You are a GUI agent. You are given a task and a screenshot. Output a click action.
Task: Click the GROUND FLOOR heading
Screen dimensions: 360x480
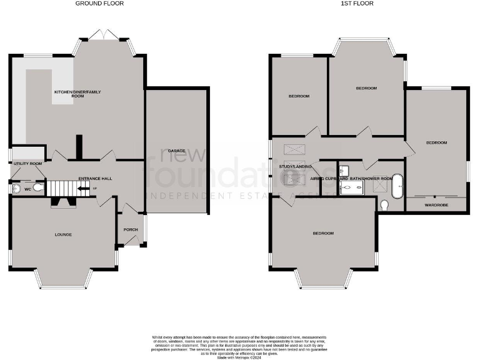click(99, 4)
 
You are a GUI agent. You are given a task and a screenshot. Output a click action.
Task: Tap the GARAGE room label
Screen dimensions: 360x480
click(176, 151)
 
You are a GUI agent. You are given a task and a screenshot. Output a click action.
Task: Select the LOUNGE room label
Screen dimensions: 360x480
click(63, 235)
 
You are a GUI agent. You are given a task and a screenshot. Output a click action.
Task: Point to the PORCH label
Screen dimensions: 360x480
click(131, 229)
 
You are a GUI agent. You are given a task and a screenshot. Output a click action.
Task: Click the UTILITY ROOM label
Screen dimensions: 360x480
click(27, 164)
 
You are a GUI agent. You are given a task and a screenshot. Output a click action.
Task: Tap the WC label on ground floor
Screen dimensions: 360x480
click(27, 188)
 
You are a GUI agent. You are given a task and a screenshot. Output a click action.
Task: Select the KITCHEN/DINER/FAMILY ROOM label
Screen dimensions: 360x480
click(77, 94)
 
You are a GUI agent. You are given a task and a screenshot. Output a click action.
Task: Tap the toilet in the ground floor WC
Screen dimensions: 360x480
click(39, 187)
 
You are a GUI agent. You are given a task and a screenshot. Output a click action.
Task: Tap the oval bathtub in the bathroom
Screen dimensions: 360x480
click(398, 184)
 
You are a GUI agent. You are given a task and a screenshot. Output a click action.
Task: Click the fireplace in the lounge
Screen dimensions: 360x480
click(62, 201)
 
